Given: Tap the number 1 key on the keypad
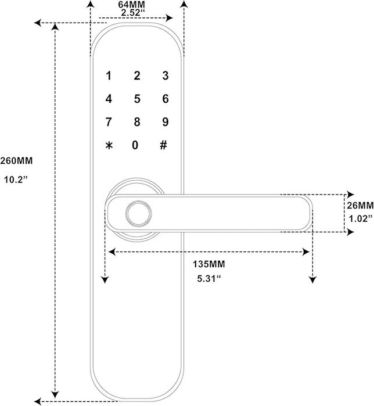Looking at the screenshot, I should pyautogui.click(x=108, y=76).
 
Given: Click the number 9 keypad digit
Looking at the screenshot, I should pyautogui.click(x=165, y=122).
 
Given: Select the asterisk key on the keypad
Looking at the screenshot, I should pyautogui.click(x=108, y=145).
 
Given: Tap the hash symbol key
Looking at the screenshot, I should pyautogui.click(x=163, y=145).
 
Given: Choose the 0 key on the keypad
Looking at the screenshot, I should pyautogui.click(x=135, y=145).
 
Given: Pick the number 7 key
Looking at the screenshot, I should pyautogui.click(x=108, y=122).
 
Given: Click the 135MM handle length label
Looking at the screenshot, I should pyautogui.click(x=208, y=264).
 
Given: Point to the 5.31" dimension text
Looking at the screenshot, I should pyautogui.click(x=208, y=279).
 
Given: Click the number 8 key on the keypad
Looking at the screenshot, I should pyautogui.click(x=136, y=122).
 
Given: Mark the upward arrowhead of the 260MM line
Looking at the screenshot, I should pyautogui.click(x=56, y=29).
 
